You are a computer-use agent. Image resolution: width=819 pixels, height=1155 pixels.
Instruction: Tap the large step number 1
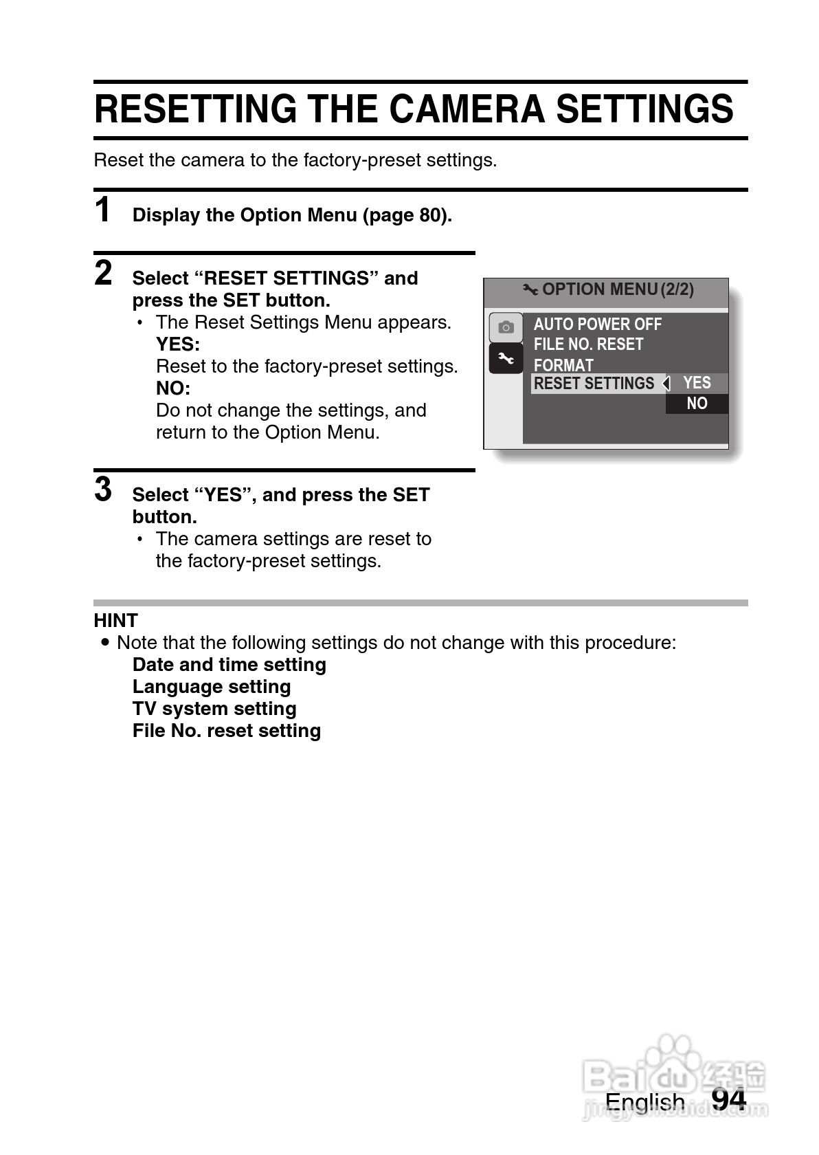click(x=103, y=210)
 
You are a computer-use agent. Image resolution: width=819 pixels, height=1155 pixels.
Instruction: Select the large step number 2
click(x=103, y=273)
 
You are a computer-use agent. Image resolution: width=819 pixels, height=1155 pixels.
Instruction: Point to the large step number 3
click(x=103, y=489)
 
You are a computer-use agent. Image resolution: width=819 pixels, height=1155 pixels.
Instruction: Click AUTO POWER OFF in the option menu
click(x=597, y=324)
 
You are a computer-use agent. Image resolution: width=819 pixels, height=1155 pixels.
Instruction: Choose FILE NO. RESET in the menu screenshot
click(x=588, y=344)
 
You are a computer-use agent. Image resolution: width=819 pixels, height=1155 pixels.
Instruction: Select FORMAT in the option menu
click(x=563, y=365)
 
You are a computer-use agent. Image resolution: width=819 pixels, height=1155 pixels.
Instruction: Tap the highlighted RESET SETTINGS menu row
click(x=594, y=384)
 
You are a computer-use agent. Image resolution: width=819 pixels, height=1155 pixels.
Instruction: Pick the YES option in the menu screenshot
click(x=697, y=383)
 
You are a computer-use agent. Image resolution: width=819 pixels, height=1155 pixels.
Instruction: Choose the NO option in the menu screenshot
click(x=697, y=404)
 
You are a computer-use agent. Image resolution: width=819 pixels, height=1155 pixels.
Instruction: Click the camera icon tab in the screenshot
click(x=506, y=327)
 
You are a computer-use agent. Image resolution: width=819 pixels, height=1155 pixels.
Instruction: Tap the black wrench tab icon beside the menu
click(x=506, y=358)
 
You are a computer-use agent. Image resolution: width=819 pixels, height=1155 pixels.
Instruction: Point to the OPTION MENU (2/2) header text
click(x=617, y=289)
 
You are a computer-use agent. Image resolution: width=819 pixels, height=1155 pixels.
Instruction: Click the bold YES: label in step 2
click(x=178, y=344)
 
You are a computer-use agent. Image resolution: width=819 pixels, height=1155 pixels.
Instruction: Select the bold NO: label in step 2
click(x=173, y=388)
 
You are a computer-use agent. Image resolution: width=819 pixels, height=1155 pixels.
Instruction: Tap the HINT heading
click(x=115, y=621)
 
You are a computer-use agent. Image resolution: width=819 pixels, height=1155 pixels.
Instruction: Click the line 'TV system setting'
click(x=214, y=709)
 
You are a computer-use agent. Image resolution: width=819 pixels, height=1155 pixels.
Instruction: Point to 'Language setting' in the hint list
click(x=212, y=687)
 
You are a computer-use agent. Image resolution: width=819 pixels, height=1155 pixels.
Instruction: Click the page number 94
click(x=728, y=1100)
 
